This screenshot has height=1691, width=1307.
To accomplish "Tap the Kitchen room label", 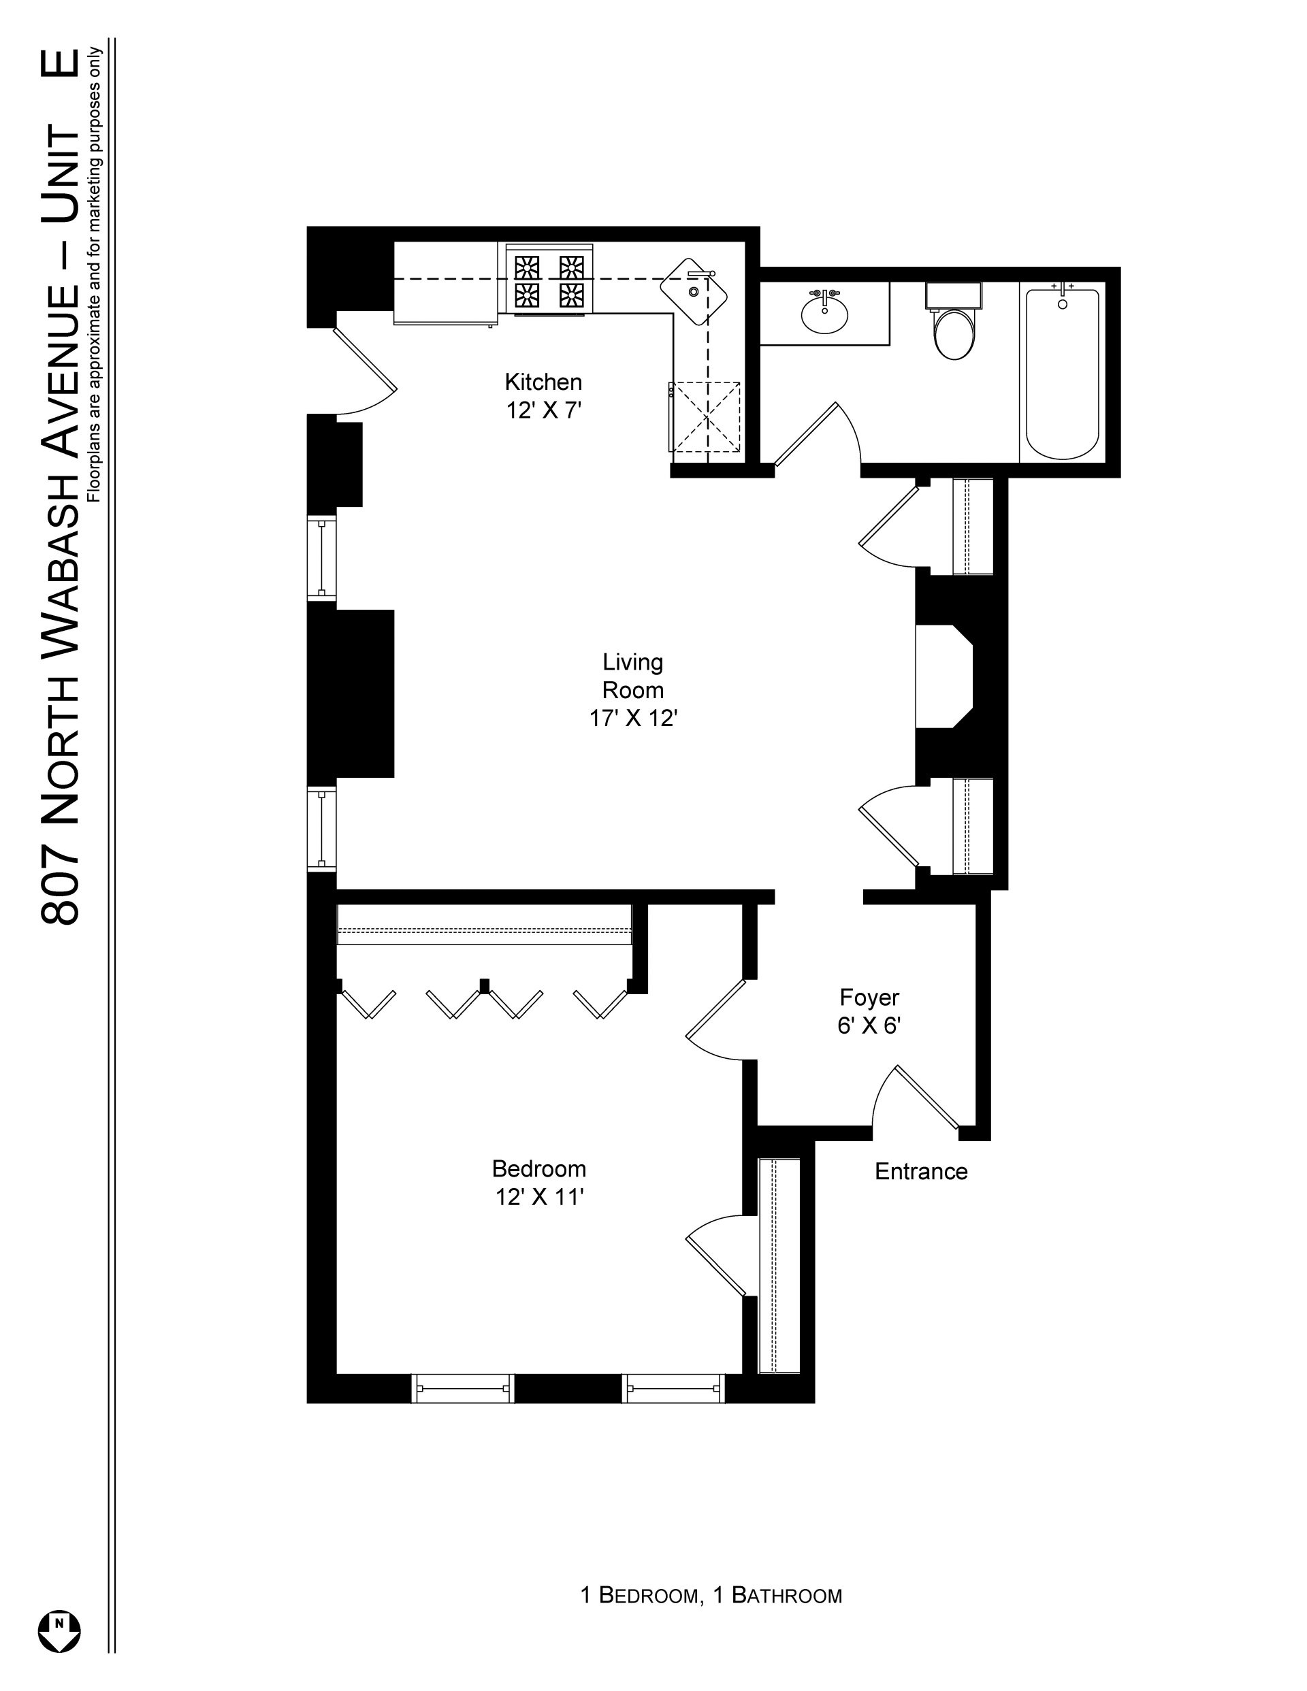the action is [543, 382].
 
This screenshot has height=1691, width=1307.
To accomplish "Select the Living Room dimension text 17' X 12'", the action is [633, 719].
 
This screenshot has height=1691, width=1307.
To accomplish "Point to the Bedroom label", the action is [539, 1168].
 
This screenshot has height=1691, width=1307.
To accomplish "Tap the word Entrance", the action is [921, 1172].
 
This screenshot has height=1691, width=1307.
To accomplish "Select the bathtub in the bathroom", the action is [1062, 372].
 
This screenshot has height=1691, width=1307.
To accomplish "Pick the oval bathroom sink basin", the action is [824, 313].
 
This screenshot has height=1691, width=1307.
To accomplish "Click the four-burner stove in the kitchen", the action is [549, 280].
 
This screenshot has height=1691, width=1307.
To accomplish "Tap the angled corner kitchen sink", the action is [694, 291].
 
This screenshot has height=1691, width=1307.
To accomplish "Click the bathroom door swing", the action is [818, 434].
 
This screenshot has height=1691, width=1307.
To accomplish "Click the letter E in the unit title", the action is [60, 63].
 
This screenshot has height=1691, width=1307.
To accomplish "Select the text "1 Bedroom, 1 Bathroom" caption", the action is [711, 1596].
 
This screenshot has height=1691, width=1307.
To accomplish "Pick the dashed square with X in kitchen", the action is [705, 416].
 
